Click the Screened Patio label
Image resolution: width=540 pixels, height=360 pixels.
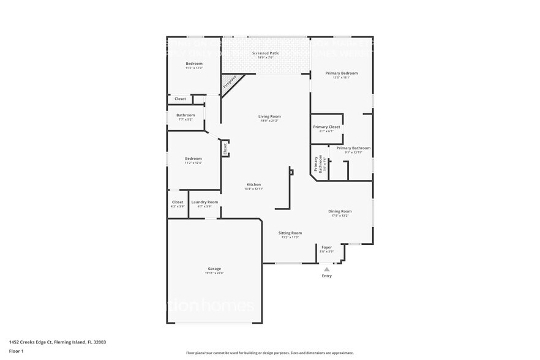coord(266,53)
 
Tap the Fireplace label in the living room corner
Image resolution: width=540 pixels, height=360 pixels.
coord(230,82)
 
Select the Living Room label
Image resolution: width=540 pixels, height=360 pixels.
coord(269,116)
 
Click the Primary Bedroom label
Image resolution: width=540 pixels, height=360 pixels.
coord(341,73)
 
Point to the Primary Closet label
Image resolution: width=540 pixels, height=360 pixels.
coord(326,127)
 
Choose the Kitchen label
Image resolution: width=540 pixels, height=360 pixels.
coord(253,184)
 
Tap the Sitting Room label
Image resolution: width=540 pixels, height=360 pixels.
coord(290,233)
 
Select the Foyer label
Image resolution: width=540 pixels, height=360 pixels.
coord(326,247)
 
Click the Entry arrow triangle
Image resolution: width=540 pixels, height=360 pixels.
coord(326,269)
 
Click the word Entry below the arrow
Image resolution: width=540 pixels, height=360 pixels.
coord(326,276)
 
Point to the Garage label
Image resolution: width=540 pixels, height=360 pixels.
coord(214,269)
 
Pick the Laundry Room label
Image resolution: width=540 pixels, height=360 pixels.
coord(204,202)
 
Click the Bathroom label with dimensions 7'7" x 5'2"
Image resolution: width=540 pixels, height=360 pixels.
coord(186,115)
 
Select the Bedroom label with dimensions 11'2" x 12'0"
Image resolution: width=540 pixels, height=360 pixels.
coord(194,64)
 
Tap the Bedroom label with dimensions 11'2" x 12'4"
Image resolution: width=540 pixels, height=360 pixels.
coord(193,159)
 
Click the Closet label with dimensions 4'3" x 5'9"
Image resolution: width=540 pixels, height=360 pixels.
coord(178,202)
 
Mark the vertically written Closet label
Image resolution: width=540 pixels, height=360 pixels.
coord(225,148)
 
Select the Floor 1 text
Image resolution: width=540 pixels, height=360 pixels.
coord(17,351)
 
